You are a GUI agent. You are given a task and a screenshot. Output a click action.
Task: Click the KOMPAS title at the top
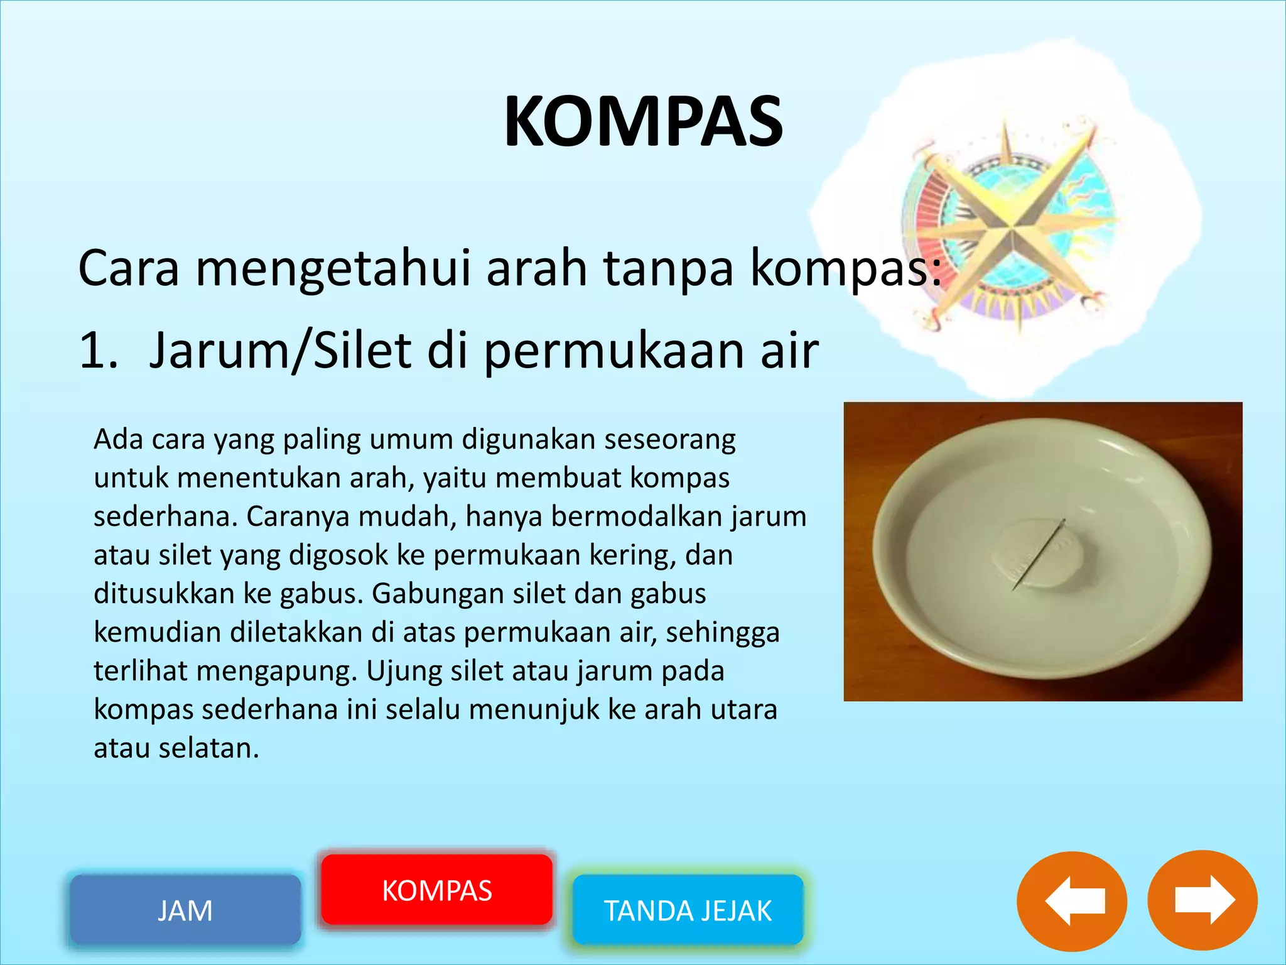[x=643, y=121]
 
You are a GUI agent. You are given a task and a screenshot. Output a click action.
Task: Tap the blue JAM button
[x=185, y=910]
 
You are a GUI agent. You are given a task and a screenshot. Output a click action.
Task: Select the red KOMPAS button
[x=437, y=890]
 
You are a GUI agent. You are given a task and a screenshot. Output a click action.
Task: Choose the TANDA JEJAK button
[x=688, y=910]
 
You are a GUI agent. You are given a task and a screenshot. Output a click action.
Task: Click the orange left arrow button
[x=1072, y=901]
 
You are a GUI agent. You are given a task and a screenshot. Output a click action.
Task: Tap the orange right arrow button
[x=1202, y=901]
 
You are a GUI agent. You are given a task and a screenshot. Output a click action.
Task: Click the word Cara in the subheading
[x=129, y=268]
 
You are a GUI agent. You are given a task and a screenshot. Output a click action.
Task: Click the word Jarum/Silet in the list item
[x=280, y=350]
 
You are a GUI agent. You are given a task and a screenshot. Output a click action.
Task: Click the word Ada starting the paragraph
[x=118, y=439]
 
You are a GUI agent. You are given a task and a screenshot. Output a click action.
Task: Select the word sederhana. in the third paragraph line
[x=165, y=516]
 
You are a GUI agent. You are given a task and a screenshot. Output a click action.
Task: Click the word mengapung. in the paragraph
[x=277, y=671]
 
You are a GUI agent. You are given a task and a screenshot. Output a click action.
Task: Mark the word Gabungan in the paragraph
[x=438, y=594]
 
